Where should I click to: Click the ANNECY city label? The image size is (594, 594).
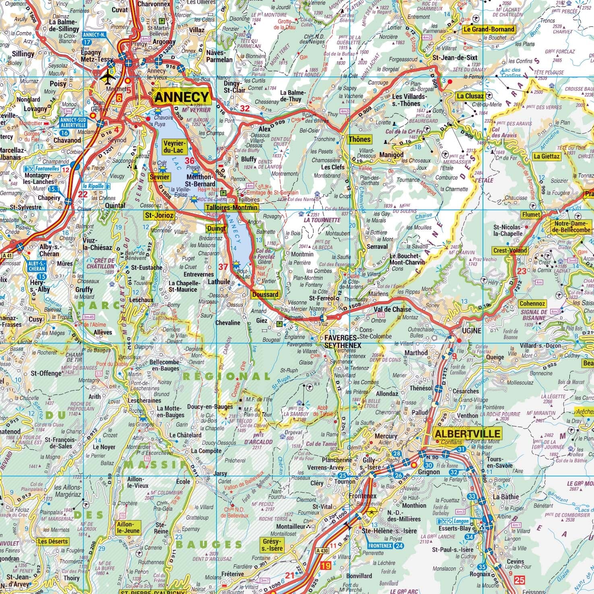(182, 97)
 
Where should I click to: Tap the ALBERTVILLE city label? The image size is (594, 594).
(468, 433)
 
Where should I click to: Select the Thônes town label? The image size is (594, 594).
(359, 140)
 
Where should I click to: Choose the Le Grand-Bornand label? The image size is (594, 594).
(489, 29)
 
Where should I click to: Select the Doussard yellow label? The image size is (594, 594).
(265, 295)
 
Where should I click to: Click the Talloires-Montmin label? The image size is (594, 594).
(231, 207)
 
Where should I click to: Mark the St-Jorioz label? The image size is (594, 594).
(159, 216)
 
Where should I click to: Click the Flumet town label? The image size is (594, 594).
(532, 215)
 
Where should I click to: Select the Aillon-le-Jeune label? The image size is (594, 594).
(127, 528)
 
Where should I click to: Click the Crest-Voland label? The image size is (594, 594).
(510, 250)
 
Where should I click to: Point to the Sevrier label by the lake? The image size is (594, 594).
(159, 177)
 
